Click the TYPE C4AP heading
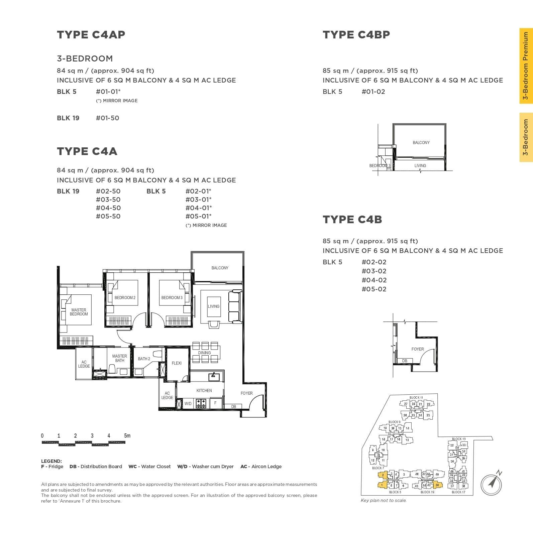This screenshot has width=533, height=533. point(91,35)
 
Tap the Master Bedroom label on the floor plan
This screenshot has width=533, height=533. point(79,312)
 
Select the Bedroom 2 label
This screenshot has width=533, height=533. point(125,298)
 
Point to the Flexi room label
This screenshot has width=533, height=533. point(177,363)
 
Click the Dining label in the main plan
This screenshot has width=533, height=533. point(204,353)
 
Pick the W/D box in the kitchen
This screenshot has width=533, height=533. point(188,404)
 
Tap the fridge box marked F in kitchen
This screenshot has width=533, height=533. point(215,403)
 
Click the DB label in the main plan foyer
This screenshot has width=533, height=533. point(234,407)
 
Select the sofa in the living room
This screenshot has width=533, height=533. point(234,306)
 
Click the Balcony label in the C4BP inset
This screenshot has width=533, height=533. point(421,143)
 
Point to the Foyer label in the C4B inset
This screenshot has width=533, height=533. point(418,349)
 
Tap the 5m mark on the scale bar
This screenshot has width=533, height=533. point(127,436)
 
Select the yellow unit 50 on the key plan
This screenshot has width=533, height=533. point(437,485)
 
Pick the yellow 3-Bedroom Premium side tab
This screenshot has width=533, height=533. point(526,66)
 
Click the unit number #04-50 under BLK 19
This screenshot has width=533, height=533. point(108,208)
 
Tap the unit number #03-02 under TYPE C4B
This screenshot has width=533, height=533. point(374,271)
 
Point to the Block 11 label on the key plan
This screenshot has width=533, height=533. point(416,398)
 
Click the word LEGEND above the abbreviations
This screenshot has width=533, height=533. point(51,461)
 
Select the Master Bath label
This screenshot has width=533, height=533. point(119,358)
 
